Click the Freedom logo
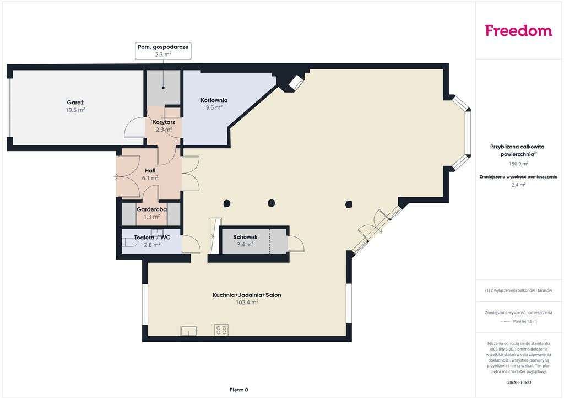click(x=518, y=31)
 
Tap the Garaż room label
click(x=75, y=102)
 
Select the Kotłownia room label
click(x=214, y=100)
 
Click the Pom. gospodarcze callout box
click(x=163, y=51)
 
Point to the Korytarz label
click(x=164, y=122)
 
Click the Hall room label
click(x=150, y=171)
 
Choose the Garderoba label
click(x=151, y=209)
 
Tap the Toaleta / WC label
click(x=152, y=238)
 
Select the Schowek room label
click(x=245, y=237)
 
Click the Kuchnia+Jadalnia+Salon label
click(x=247, y=295)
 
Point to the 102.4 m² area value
click(x=247, y=303)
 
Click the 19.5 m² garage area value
click(x=75, y=110)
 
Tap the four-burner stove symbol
click(x=222, y=330)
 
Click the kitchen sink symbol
click(x=188, y=331)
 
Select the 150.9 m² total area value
click(x=518, y=164)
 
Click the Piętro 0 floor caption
click(x=238, y=390)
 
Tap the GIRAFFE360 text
click(x=518, y=382)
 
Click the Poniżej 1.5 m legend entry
click(x=524, y=321)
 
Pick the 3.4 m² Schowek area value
click(x=245, y=245)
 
